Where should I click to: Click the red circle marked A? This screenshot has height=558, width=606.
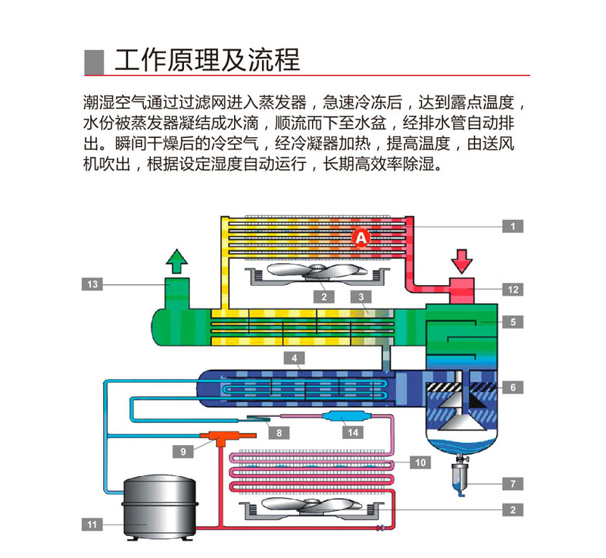point(361,237)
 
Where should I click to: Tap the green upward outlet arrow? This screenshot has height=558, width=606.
point(176,262)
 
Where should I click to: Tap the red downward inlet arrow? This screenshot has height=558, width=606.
point(462,262)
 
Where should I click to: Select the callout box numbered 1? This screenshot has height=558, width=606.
point(513,226)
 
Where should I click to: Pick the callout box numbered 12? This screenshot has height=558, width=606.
point(513,290)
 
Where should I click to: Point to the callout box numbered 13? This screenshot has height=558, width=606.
point(92,284)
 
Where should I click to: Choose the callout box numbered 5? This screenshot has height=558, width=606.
point(513,321)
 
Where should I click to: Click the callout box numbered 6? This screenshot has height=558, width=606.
point(513,387)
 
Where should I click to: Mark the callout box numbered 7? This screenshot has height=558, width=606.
point(513,484)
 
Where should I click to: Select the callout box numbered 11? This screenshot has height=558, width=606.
point(92,525)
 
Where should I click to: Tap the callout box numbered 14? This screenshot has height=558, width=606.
point(353,432)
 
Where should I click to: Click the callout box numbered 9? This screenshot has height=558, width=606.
point(183,451)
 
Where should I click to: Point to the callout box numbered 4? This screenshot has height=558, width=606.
point(294,358)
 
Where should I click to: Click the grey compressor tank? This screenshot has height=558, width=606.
point(160,507)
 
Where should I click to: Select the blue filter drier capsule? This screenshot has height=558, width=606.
point(346,416)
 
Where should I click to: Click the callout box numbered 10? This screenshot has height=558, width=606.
point(420,462)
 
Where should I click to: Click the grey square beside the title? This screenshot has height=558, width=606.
point(94,62)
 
